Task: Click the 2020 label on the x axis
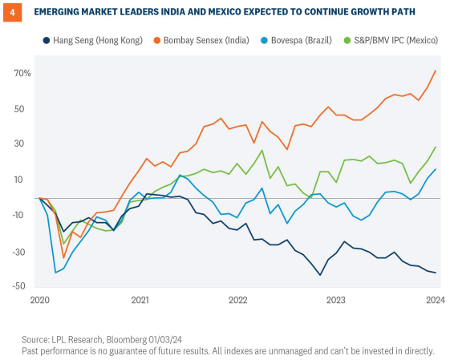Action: coord(39,301)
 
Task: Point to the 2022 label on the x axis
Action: coord(237,301)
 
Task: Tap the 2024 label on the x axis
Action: coord(435,301)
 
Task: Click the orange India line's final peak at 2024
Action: coord(436,71)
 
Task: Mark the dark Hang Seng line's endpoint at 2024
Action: coord(436,273)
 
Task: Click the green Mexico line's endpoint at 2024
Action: coord(436,148)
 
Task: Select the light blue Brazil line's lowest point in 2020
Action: coord(55,273)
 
